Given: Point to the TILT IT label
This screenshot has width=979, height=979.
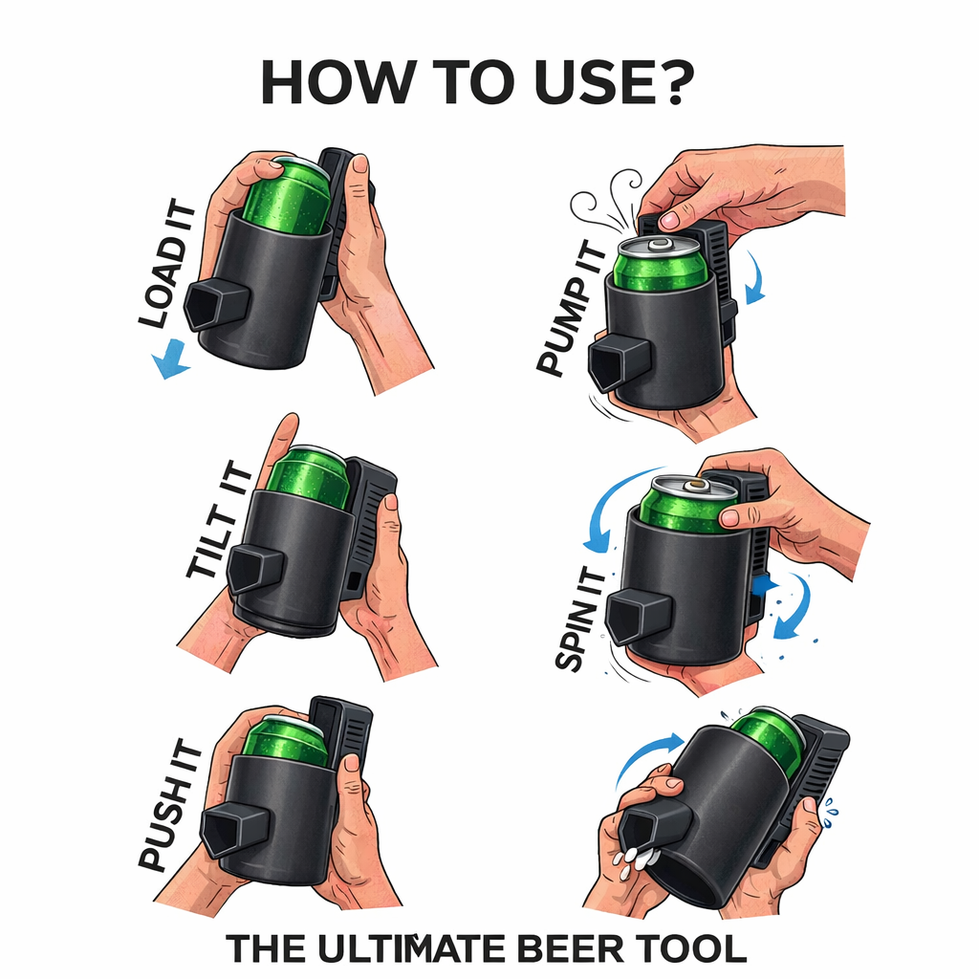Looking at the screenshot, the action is pos(220,520).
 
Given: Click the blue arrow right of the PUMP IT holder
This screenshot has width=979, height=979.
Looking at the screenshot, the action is pos(755,278).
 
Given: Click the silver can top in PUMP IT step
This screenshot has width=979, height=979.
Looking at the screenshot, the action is pos(660,246).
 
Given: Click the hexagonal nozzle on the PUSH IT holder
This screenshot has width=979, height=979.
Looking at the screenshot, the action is pos(235,830).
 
